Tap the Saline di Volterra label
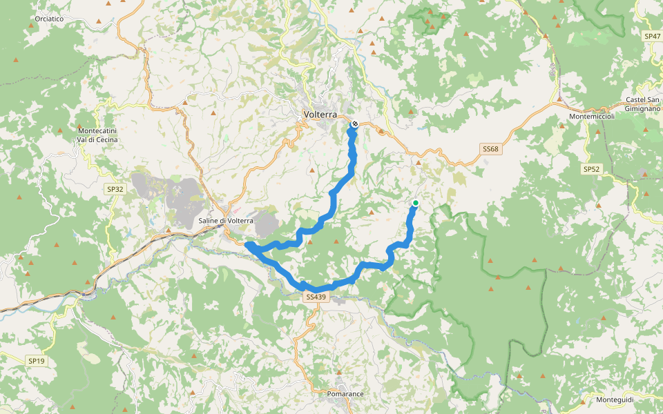tap(226, 220)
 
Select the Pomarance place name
tap(345, 394)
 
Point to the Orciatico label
tap(48, 19)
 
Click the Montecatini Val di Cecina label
tap(97, 135)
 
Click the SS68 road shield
tap(490, 148)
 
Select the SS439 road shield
tap(314, 297)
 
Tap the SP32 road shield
tap(115, 188)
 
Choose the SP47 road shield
tap(652, 35)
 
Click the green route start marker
tap(416, 203)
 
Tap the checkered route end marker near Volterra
tap(354, 124)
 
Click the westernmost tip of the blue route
tap(247, 244)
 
